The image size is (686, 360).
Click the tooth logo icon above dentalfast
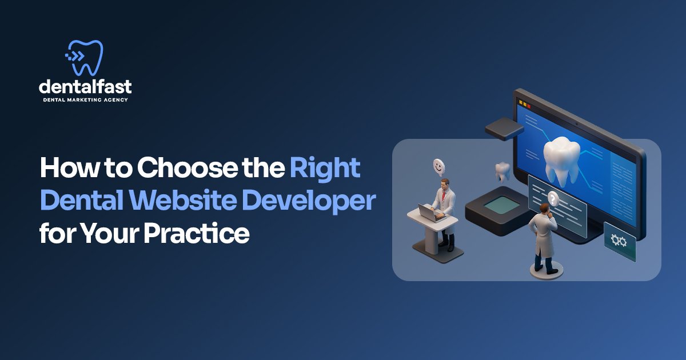coord(85,57)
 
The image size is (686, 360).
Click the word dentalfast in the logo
coord(85,87)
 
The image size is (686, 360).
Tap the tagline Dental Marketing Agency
coord(85,99)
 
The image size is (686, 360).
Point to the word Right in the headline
coord(325,169)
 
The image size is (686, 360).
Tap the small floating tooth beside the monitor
coord(502,170)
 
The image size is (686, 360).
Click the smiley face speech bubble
coord(438,166)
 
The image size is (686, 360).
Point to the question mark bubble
coord(553,198)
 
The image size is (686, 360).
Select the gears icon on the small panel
coord(619,241)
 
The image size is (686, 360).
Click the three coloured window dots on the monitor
coord(524,105)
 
